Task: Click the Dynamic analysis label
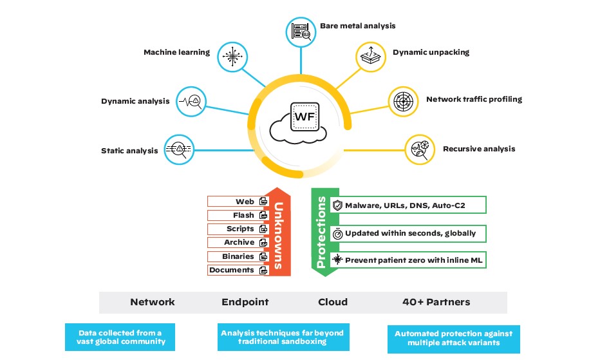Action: pyautogui.click(x=135, y=101)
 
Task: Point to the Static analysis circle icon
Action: pyautogui.click(x=179, y=149)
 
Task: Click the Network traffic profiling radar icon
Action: pyautogui.click(x=404, y=101)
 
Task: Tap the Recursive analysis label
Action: pyautogui.click(x=479, y=149)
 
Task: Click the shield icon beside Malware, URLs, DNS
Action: pyautogui.click(x=337, y=205)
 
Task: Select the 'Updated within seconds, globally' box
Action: pyautogui.click(x=408, y=233)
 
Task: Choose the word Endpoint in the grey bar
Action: pyautogui.click(x=245, y=301)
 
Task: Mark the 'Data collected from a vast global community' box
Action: pyautogui.click(x=120, y=337)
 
